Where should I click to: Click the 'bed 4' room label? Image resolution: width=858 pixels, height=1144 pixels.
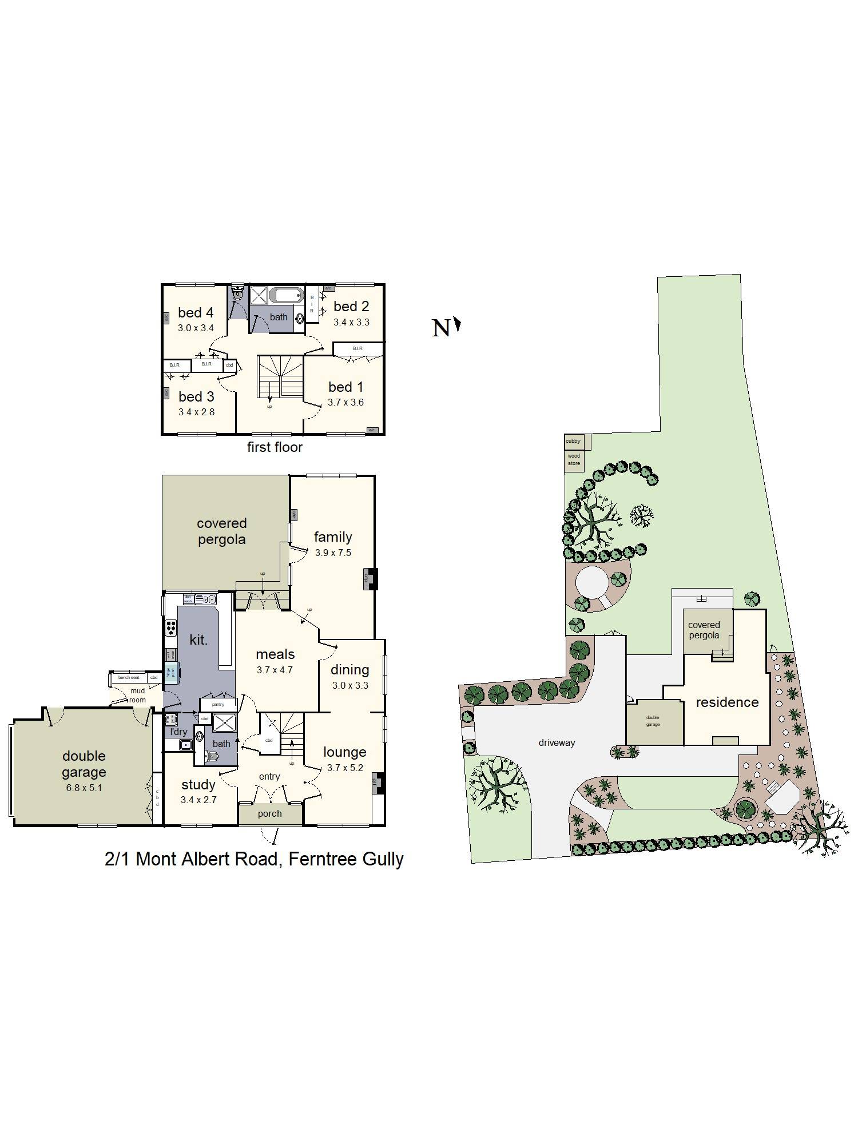pyautogui.click(x=196, y=313)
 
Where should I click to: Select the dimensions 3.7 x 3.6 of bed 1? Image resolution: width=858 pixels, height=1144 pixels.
pyautogui.click(x=345, y=402)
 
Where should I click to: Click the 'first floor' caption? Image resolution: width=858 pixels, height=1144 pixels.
pyautogui.click(x=275, y=447)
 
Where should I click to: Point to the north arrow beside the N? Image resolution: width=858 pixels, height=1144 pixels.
pyautogui.click(x=457, y=325)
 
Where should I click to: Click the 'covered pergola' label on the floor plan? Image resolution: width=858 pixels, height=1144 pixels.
pyautogui.click(x=221, y=531)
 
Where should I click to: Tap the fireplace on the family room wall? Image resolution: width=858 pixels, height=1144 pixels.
pyautogui.click(x=370, y=578)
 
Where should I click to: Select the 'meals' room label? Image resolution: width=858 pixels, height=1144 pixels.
pyautogui.click(x=275, y=654)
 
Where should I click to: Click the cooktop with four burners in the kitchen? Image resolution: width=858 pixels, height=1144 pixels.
pyautogui.click(x=170, y=627)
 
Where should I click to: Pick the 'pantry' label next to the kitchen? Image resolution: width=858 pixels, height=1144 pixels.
pyautogui.click(x=218, y=704)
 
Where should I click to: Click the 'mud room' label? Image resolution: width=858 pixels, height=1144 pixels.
pyautogui.click(x=137, y=695)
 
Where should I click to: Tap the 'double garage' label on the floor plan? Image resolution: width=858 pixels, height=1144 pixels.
pyautogui.click(x=84, y=764)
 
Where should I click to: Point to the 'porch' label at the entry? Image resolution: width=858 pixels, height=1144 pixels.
pyautogui.click(x=269, y=813)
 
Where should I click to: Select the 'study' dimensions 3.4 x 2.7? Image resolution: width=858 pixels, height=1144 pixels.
pyautogui.click(x=198, y=800)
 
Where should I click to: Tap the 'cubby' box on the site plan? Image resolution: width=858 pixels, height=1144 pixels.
pyautogui.click(x=573, y=441)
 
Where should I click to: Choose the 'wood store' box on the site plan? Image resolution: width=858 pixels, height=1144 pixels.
pyautogui.click(x=574, y=460)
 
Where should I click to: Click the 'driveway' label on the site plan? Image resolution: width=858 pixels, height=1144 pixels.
pyautogui.click(x=557, y=742)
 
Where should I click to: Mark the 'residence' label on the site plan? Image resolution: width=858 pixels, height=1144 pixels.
pyautogui.click(x=727, y=702)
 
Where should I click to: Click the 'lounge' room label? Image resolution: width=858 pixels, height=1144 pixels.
pyautogui.click(x=344, y=752)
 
